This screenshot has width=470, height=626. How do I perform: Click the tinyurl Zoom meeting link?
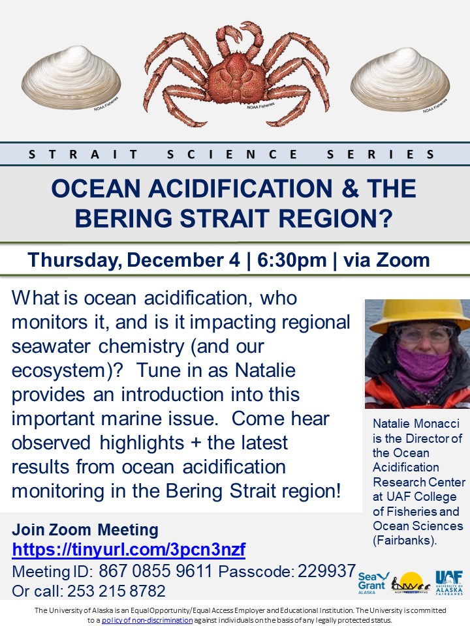(x=129, y=550)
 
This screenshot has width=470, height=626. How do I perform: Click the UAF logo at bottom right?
(x=448, y=582)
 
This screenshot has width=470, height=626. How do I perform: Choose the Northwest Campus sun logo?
(x=409, y=582)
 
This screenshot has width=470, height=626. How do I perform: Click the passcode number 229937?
(x=327, y=571)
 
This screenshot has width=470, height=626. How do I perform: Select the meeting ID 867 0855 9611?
(x=156, y=571)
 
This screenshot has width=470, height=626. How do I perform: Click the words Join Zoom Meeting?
(x=85, y=529)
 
